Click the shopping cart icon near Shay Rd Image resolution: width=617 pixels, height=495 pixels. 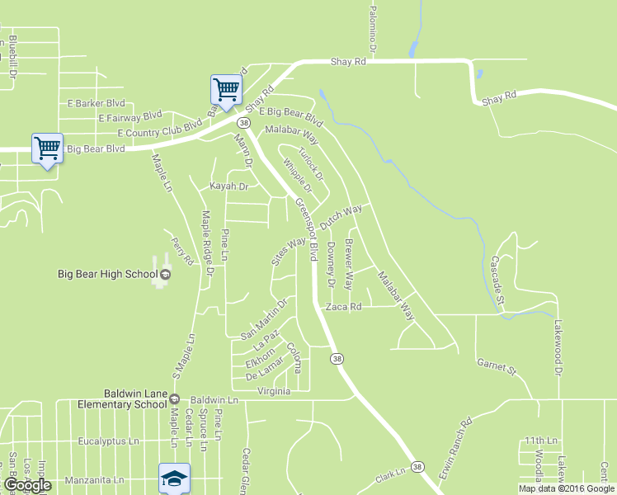226,88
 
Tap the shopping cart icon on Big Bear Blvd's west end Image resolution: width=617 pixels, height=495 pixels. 47,148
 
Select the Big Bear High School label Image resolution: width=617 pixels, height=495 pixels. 107,274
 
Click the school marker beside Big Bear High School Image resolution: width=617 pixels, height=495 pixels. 165,274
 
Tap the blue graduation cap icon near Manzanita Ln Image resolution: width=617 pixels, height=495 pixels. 173,478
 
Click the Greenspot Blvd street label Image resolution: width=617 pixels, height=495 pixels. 306,230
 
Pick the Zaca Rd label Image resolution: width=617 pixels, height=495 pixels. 344,306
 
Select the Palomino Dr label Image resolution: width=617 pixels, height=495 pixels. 373,29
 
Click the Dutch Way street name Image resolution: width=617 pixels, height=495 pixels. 341,218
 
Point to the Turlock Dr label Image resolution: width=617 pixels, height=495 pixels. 310,163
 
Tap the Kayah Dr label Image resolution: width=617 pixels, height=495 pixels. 228,186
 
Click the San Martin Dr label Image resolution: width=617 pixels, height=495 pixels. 263,320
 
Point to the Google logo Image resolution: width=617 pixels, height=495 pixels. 28,485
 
